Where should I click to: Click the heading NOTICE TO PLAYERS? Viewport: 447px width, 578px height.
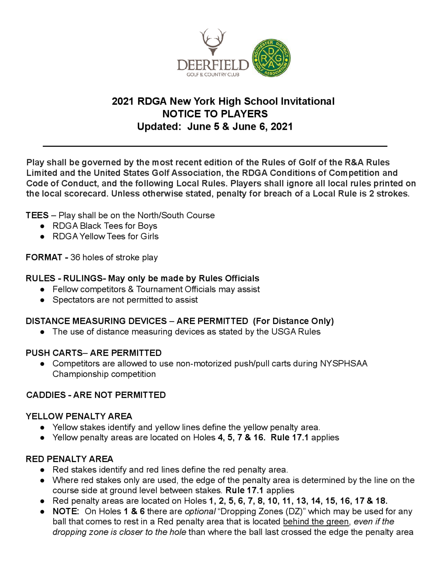[215, 114]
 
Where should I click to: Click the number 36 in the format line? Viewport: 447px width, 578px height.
[75, 257]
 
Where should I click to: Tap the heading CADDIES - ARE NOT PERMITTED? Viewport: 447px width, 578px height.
[96, 395]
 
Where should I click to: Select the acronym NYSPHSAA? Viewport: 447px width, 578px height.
[344, 363]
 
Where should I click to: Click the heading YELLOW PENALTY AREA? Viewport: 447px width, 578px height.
[79, 416]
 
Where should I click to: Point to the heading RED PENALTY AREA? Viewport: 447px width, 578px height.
[69, 459]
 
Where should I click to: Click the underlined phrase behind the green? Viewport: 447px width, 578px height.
[316, 522]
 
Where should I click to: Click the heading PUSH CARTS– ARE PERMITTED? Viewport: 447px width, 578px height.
[93, 353]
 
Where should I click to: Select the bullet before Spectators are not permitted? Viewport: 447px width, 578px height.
[42, 300]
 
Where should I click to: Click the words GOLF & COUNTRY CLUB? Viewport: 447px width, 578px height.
[213, 75]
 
